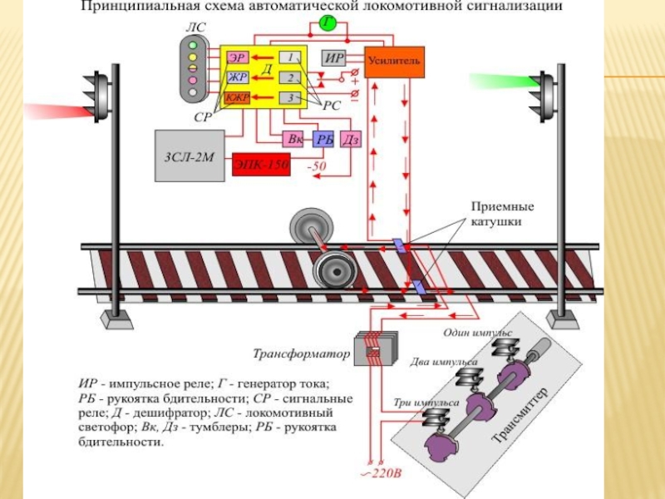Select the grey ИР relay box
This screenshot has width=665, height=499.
tap(335, 58)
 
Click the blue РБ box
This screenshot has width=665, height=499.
tap(323, 140)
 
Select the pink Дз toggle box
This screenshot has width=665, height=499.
tap(351, 140)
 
